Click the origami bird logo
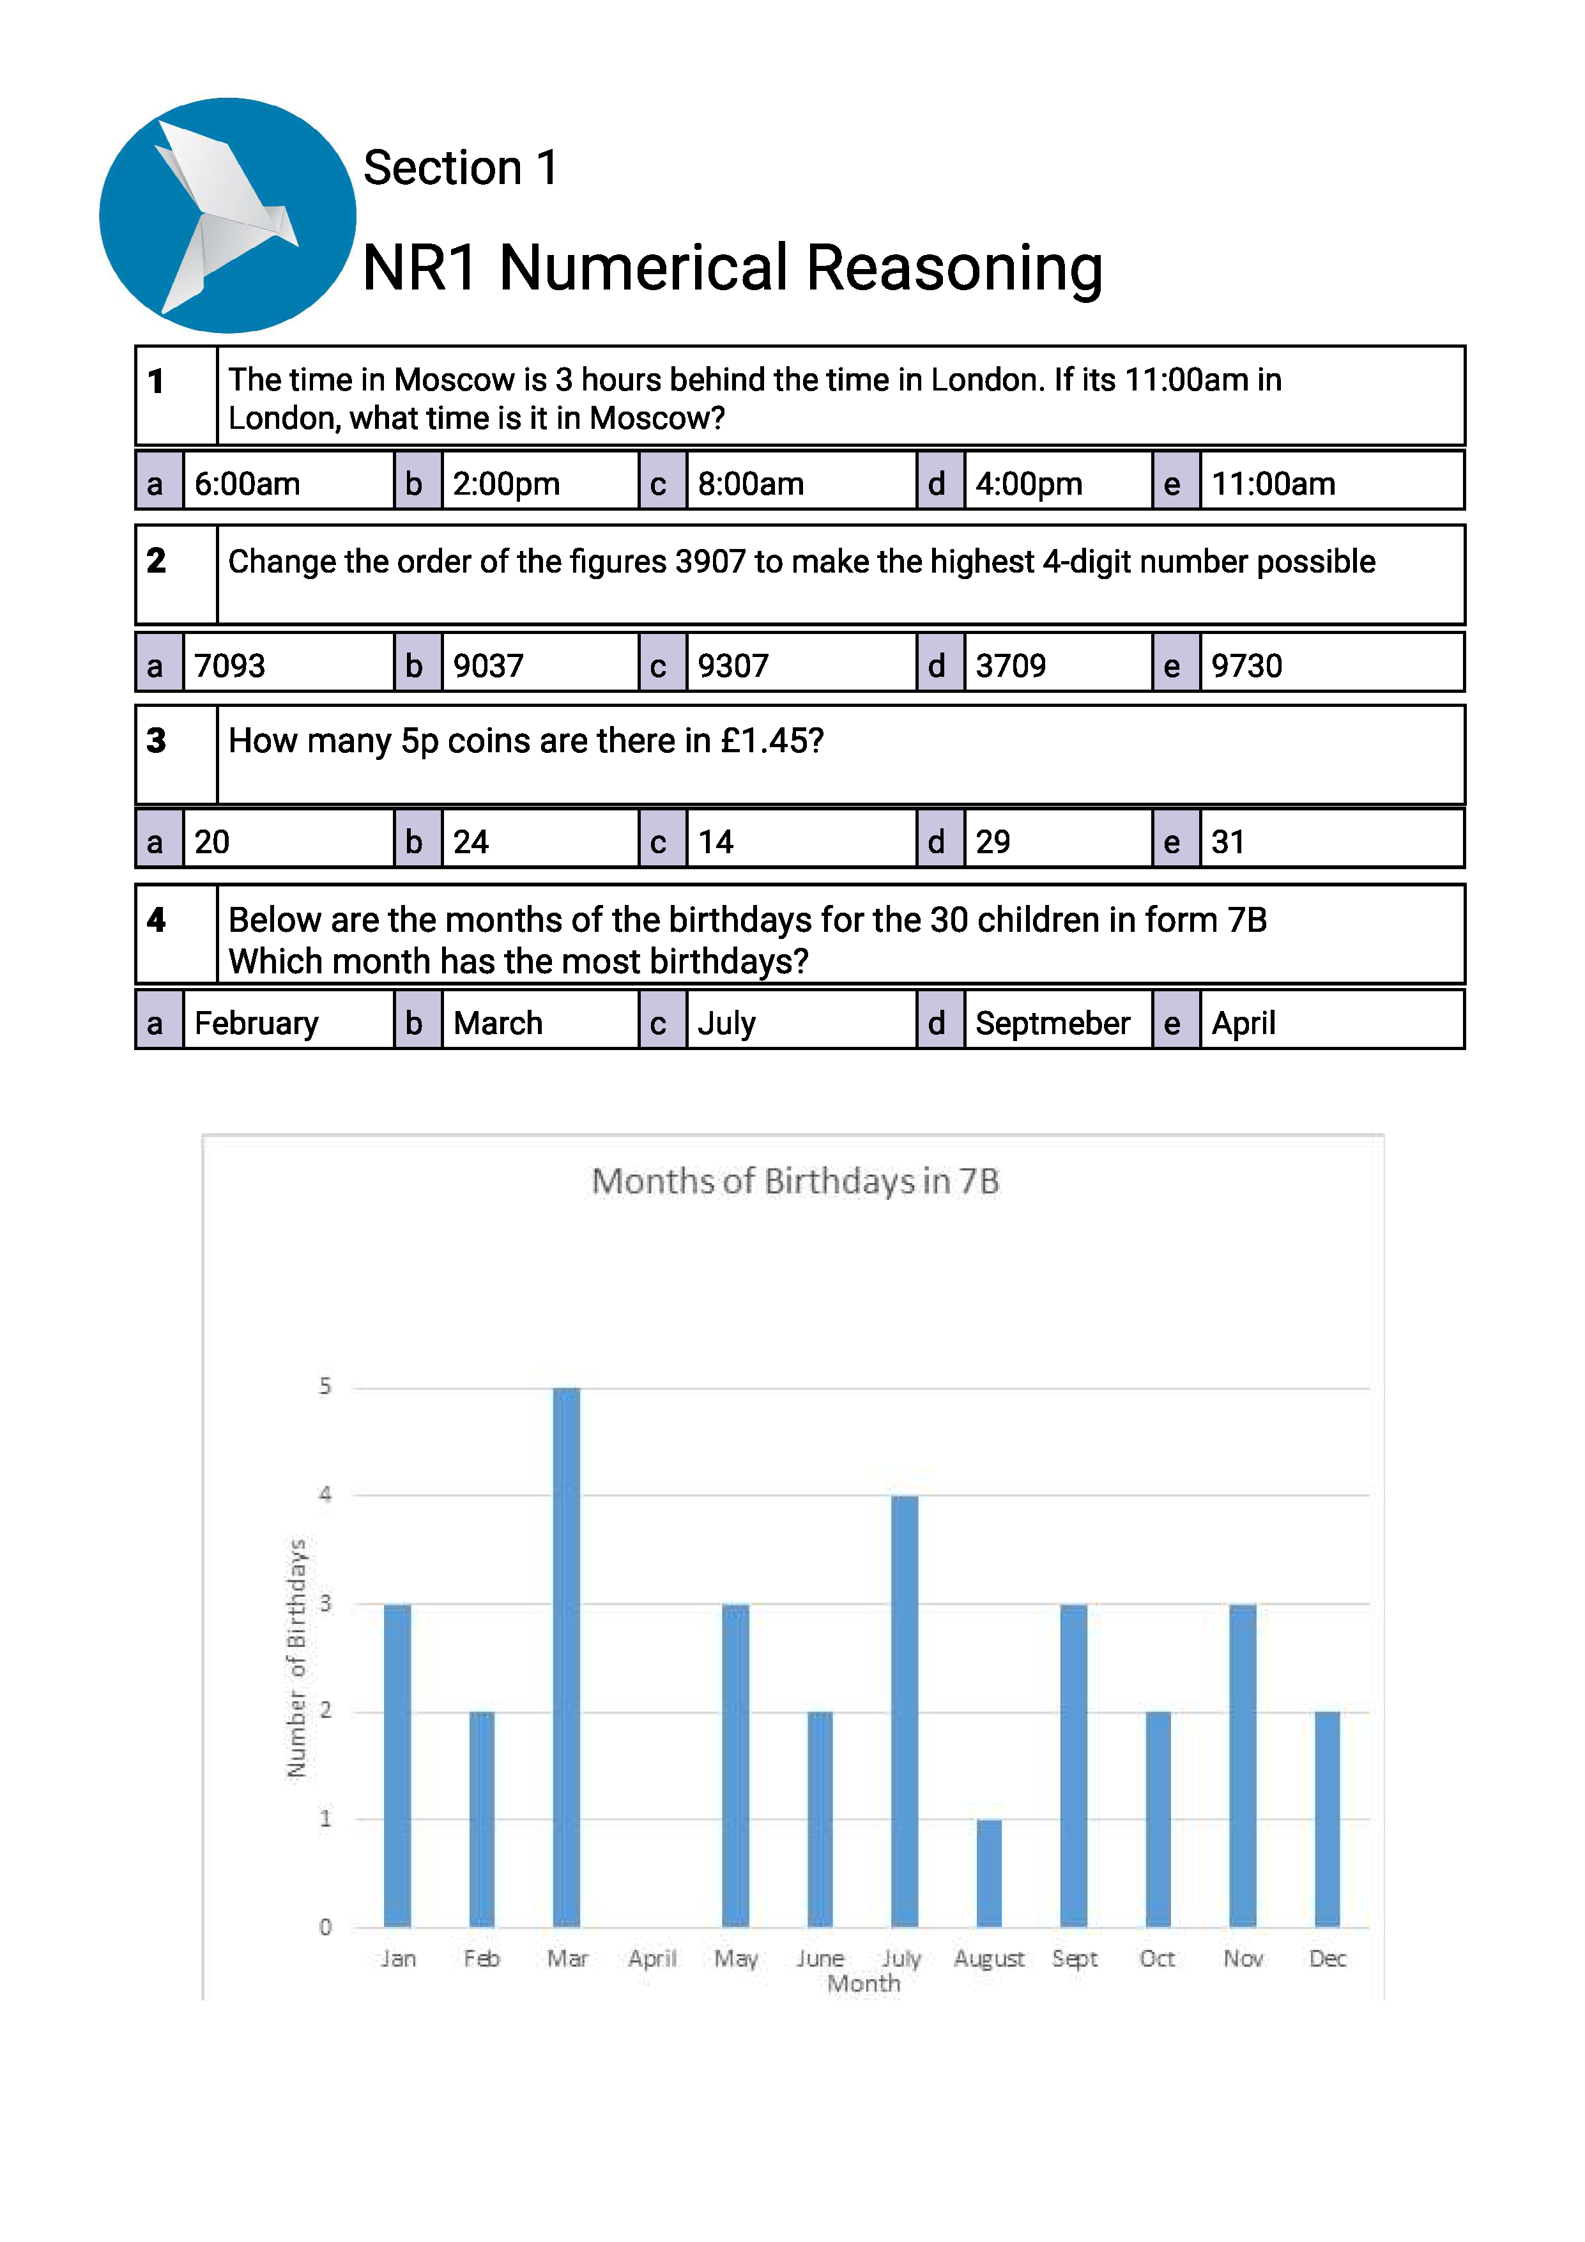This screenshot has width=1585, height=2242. [x=227, y=215]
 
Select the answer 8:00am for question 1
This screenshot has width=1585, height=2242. [x=749, y=483]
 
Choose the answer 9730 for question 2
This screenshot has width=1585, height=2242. [x=1246, y=666]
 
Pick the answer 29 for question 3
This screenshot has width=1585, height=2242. [x=993, y=842]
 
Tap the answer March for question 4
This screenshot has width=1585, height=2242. [x=498, y=1023]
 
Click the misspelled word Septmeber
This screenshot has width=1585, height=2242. [x=1052, y=1023]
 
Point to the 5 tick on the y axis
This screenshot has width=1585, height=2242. [x=325, y=1387]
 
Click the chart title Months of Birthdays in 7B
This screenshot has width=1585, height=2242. [x=795, y=1182]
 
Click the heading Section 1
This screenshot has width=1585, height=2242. [x=461, y=168]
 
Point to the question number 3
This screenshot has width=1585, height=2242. [x=156, y=740]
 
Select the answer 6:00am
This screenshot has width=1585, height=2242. [x=247, y=483]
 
